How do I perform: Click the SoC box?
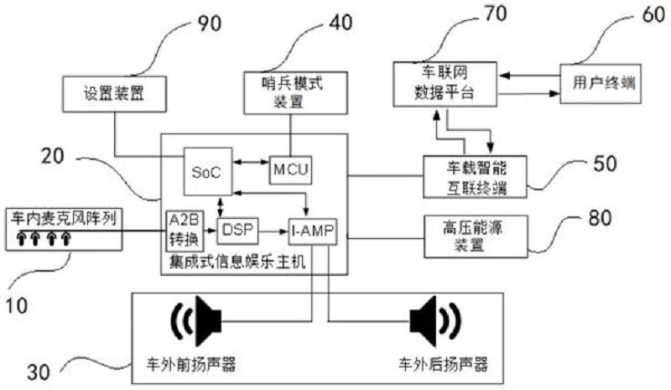(x=208, y=171)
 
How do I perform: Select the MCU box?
(x=290, y=170)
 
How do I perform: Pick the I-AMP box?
(x=312, y=231)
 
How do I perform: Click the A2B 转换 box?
(x=185, y=231)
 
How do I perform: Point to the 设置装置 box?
(x=114, y=94)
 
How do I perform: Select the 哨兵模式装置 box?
(x=296, y=93)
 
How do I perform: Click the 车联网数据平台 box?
(x=445, y=84)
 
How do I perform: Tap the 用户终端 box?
(x=601, y=84)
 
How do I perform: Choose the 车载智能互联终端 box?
(x=475, y=177)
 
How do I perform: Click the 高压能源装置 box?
(x=476, y=236)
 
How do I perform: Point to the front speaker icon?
(x=196, y=320)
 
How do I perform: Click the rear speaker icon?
(x=435, y=320)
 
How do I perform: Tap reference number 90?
(x=209, y=23)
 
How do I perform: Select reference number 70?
(x=496, y=13)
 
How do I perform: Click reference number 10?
(x=16, y=305)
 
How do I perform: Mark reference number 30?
(x=39, y=372)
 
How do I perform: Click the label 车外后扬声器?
(x=444, y=364)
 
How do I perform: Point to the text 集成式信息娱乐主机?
(x=237, y=261)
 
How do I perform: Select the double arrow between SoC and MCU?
(x=251, y=162)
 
